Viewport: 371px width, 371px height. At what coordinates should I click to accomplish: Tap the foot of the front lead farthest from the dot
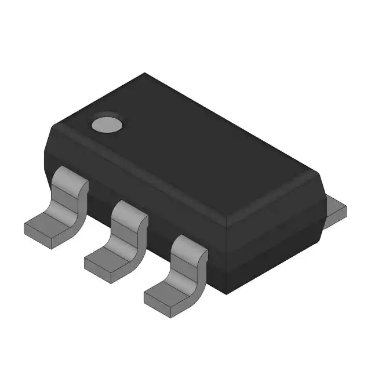click(165, 296)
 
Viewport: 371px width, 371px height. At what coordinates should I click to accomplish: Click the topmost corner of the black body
click(145, 74)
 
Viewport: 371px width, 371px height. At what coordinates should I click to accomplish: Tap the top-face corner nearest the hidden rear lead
click(318, 172)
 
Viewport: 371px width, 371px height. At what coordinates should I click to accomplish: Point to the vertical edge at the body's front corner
click(225, 249)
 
